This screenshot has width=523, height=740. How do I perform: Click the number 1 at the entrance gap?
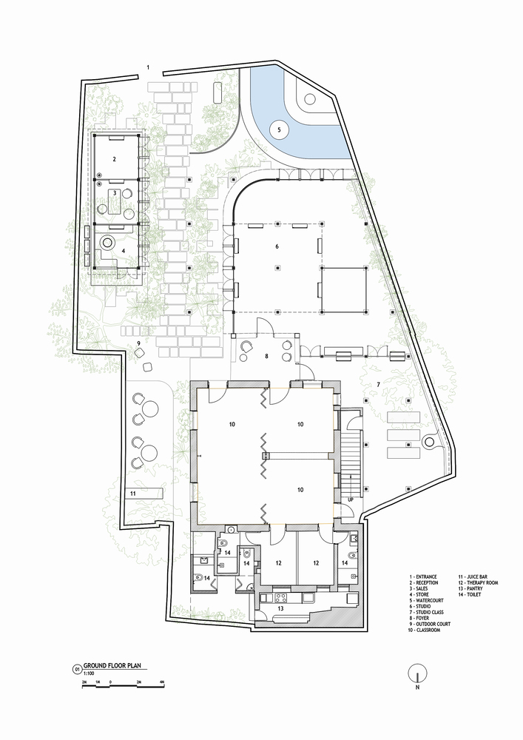tap(148, 67)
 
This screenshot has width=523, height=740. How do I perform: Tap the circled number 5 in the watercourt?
tap(279, 130)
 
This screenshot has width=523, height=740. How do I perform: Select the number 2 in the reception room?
tap(114, 160)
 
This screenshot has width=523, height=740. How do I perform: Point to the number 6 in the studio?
tap(277, 246)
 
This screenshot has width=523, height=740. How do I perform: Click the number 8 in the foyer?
tap(266, 356)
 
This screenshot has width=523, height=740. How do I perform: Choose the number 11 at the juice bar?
tap(133, 493)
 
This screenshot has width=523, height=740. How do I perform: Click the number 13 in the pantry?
tap(280, 609)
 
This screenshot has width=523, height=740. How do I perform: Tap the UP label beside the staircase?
tap(351, 499)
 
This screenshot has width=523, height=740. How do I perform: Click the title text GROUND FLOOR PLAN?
tap(112, 666)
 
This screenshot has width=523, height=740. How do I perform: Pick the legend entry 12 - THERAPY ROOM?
tap(478, 583)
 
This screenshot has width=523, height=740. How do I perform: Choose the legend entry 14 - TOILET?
tap(470, 595)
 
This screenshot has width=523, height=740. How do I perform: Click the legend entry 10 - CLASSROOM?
tap(425, 630)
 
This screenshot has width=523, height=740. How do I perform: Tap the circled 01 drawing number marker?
tap(76, 669)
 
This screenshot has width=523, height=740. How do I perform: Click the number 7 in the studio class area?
tap(378, 385)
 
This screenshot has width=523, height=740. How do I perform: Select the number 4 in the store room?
tap(124, 252)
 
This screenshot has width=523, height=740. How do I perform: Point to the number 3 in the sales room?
tap(114, 193)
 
